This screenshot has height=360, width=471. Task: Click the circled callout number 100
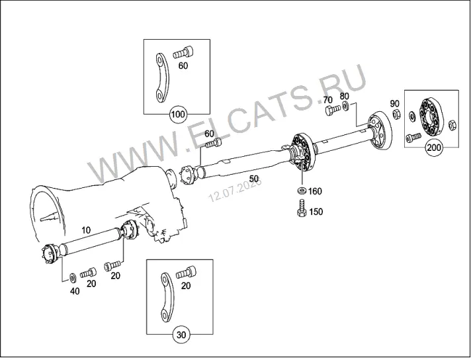[x=177, y=114]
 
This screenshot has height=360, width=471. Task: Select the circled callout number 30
[x=181, y=334]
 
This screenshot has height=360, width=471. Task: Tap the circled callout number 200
[x=434, y=148]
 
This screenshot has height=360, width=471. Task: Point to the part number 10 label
[x=86, y=230]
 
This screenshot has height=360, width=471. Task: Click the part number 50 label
[x=254, y=179]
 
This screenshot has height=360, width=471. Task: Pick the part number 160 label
[x=315, y=191]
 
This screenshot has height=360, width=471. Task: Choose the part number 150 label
[x=316, y=212]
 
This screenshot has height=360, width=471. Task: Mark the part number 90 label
[x=395, y=103]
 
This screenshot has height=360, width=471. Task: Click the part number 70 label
[x=328, y=100]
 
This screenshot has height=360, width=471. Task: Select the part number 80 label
[x=345, y=96]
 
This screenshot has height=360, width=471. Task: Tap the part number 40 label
[x=75, y=291]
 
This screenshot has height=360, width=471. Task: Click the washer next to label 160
[x=301, y=191]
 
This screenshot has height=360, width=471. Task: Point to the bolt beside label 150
[x=301, y=208]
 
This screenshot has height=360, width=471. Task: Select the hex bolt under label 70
[x=333, y=110]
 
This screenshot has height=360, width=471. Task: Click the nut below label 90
[x=396, y=114]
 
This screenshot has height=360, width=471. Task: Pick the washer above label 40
[x=73, y=278]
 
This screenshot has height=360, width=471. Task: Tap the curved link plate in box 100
[x=163, y=78]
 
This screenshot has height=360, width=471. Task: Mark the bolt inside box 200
[x=413, y=138]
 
